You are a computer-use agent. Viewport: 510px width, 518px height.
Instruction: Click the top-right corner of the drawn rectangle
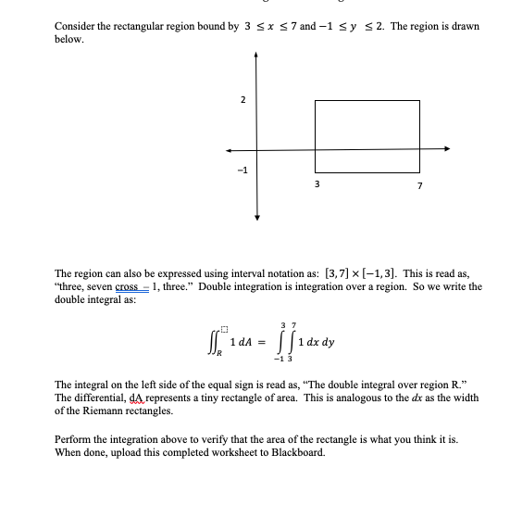point(420,99)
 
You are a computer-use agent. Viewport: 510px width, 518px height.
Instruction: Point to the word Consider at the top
point(79,27)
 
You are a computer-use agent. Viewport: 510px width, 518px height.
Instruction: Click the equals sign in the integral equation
point(261,343)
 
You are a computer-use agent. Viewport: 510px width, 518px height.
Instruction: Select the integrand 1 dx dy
point(315,341)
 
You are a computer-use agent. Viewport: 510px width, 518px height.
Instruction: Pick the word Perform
point(75,439)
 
